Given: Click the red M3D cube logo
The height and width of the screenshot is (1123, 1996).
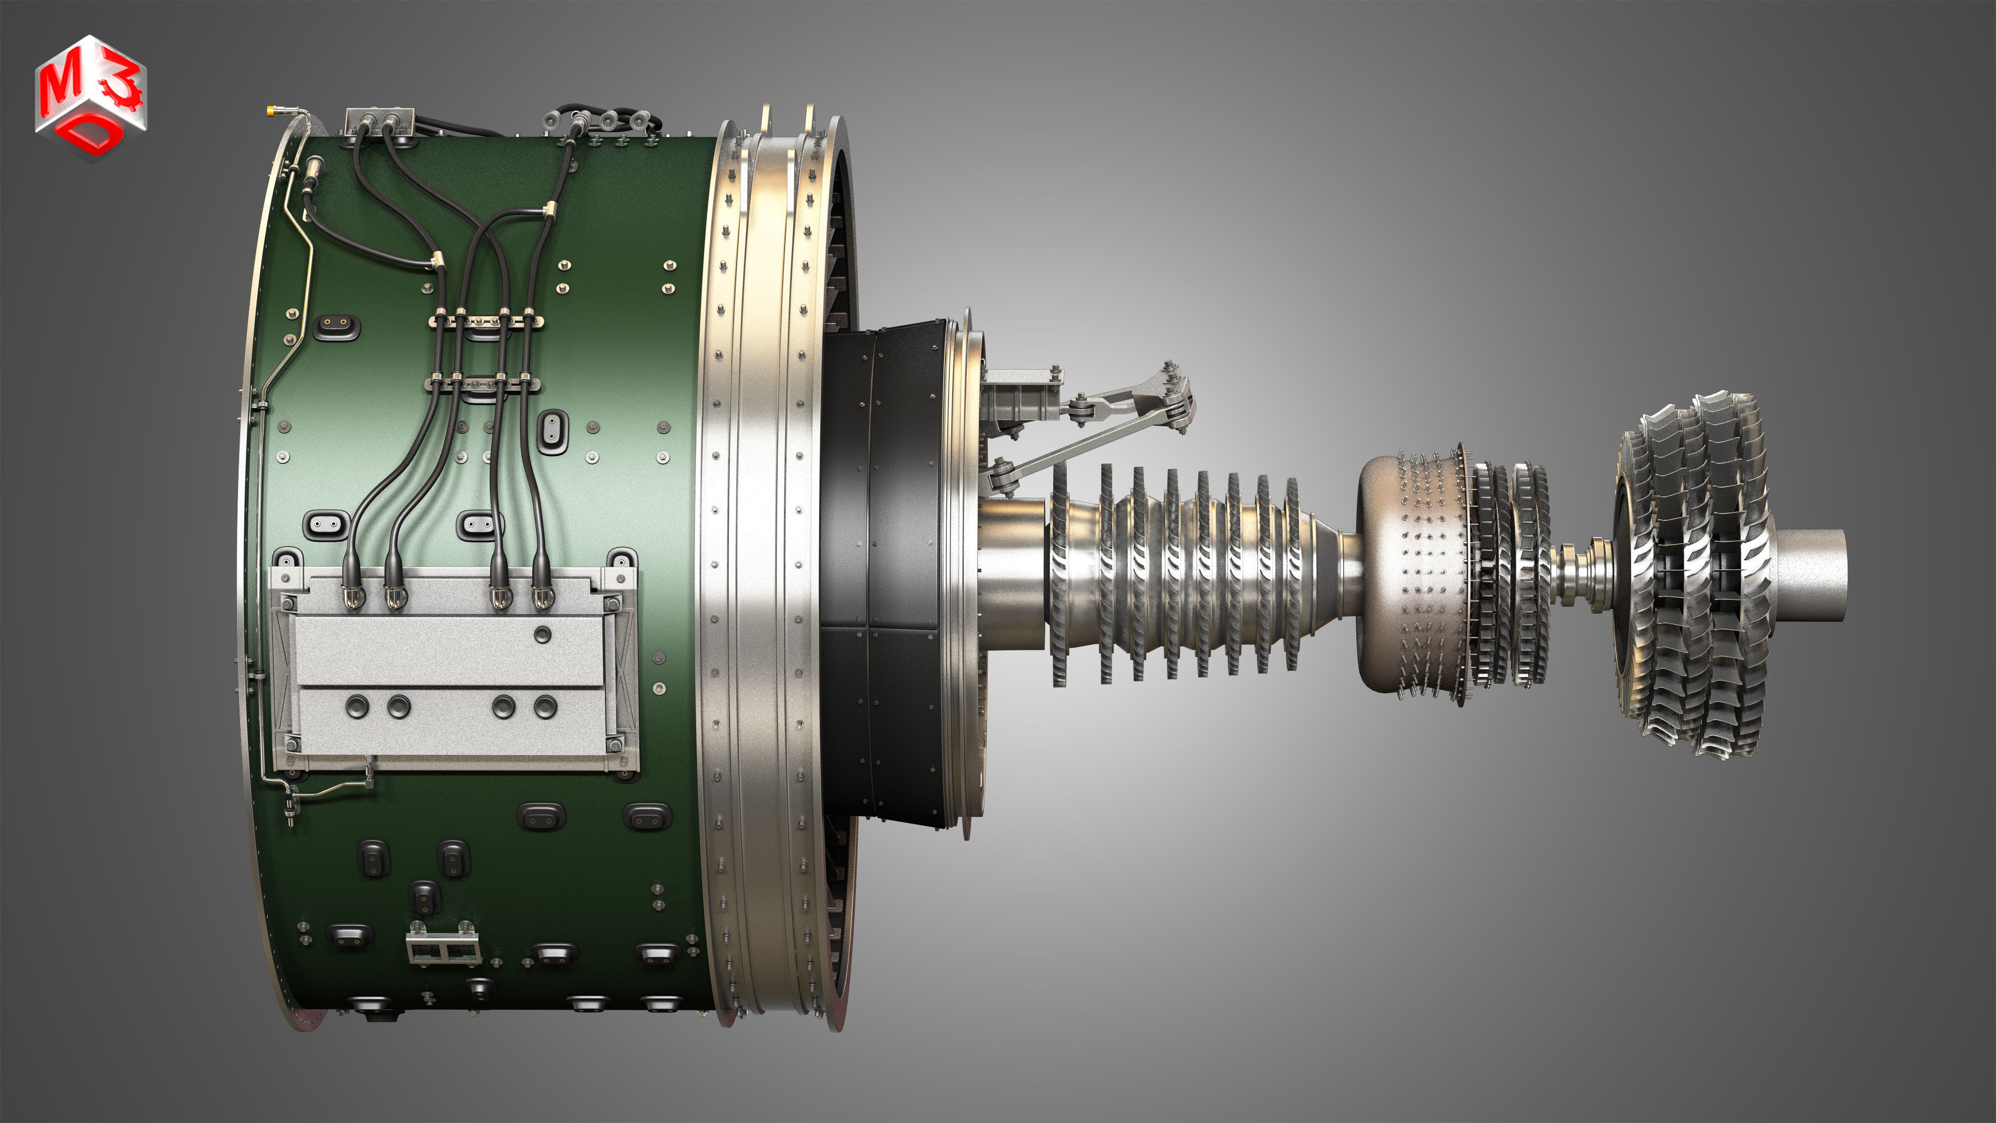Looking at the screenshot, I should (x=90, y=97).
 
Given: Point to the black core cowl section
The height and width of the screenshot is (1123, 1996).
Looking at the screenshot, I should (x=883, y=574).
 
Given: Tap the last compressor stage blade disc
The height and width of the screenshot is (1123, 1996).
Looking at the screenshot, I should (x=1292, y=574).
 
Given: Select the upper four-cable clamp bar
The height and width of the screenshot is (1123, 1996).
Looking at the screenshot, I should (x=486, y=320).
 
